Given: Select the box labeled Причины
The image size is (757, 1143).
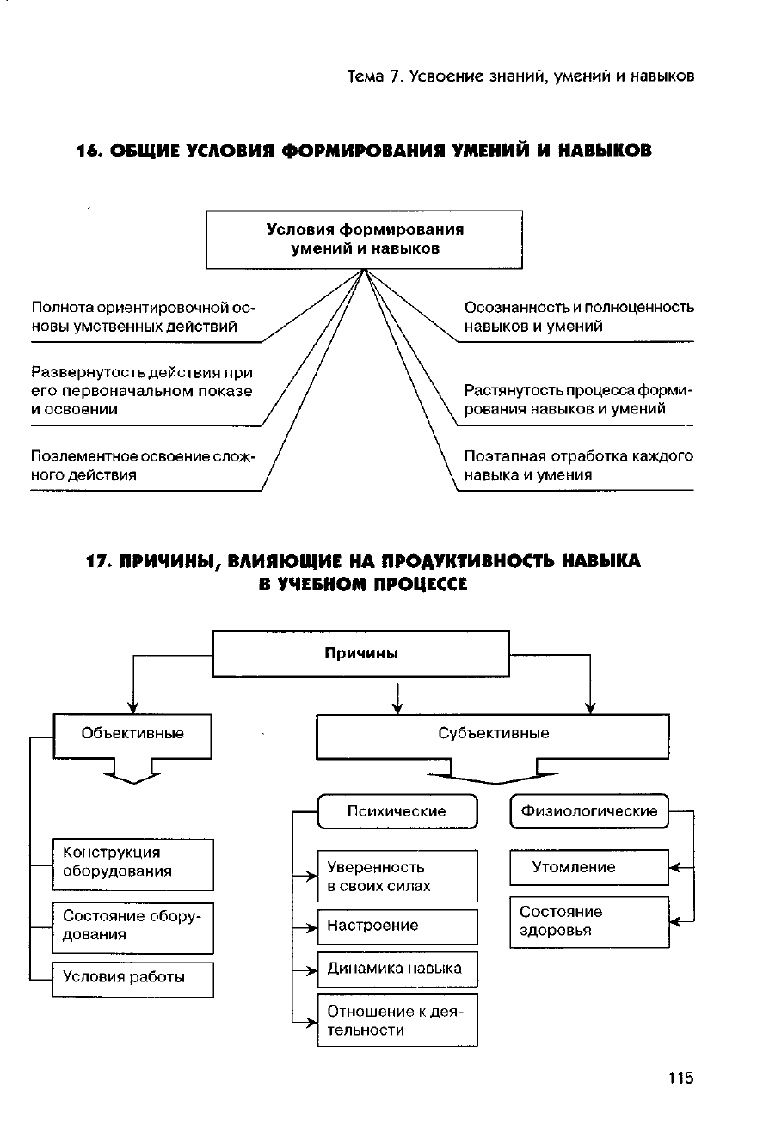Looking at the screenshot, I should pos(360,654).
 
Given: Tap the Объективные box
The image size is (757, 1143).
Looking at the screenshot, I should pos(132,736).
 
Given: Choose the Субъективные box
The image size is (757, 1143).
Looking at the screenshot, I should pos(493,737).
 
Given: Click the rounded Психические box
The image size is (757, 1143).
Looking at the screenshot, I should pos(397,811).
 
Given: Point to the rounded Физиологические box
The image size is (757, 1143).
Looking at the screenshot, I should pos(589,811).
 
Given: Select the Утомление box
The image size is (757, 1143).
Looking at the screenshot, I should pos(589,867).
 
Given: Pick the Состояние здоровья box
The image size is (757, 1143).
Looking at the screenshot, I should pos(589,922).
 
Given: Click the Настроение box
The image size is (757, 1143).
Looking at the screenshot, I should pos(397,926).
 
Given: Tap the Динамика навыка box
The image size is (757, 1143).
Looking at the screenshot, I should pos(397,969).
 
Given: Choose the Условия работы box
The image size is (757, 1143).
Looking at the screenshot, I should pos(132,979).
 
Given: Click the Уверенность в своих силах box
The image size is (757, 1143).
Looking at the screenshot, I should pos(397,876).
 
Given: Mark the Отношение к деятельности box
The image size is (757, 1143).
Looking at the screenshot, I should pos(397,1020).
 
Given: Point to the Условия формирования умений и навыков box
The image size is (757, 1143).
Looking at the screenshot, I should pos(364,239).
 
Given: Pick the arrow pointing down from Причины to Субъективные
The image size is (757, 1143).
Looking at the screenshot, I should pos(397,698).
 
